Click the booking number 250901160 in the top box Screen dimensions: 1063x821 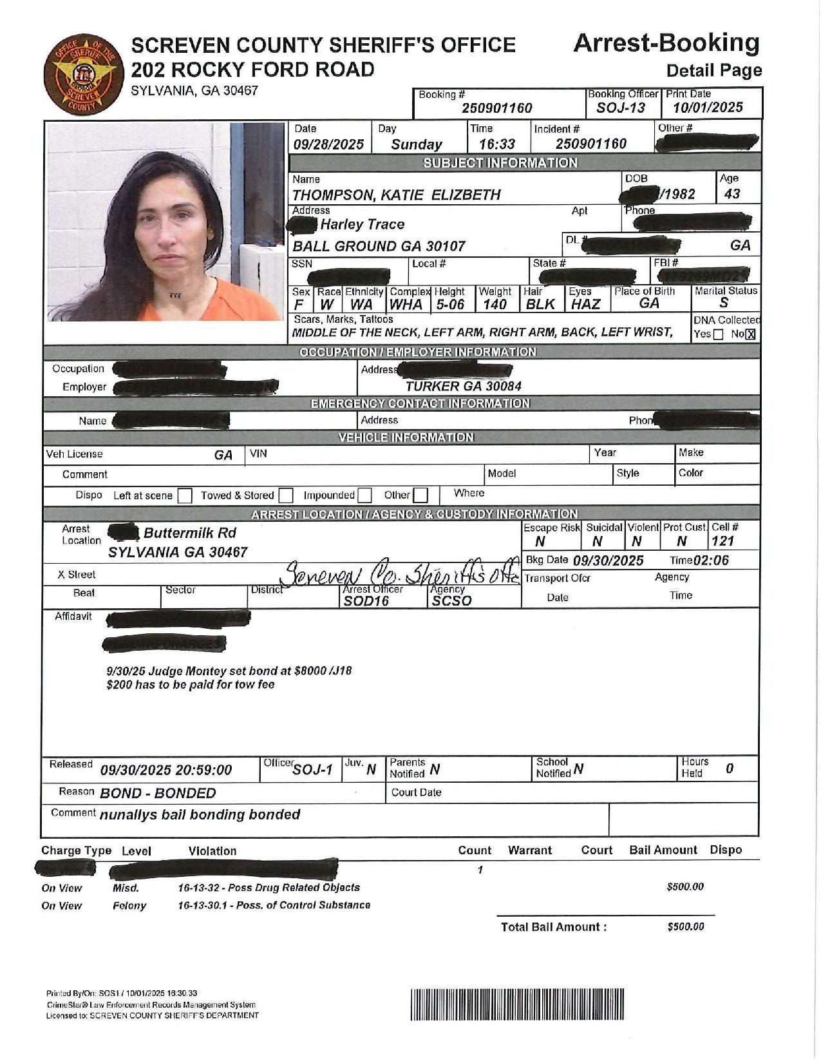coord(496,108)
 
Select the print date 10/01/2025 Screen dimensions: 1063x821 coord(708,108)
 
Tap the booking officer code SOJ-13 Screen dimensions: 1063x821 coord(620,108)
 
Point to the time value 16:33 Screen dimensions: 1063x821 coord(497,144)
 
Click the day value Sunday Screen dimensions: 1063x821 coord(416,144)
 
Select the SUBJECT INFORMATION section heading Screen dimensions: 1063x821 coord(500,162)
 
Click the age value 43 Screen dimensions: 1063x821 coord(731,194)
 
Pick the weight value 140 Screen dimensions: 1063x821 coord(495,305)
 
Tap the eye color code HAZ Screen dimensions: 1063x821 coord(585,305)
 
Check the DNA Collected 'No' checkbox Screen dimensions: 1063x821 coord(750,334)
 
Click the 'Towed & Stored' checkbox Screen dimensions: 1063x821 coord(286,495)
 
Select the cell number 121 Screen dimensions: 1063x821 coord(722,542)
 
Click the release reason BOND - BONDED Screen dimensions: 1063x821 coord(158,793)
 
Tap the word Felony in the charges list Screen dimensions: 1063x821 coord(129,906)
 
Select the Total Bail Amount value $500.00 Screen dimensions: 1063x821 coord(686,926)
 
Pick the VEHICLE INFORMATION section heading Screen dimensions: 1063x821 coord(406,437)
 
